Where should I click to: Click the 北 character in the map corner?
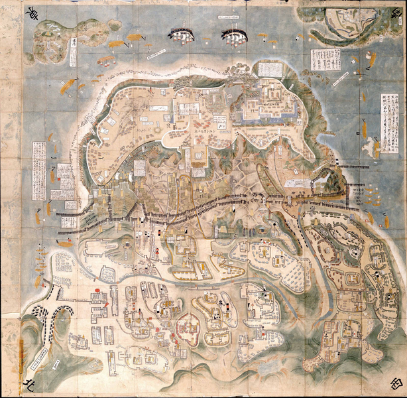pyautogui.click(x=27, y=384)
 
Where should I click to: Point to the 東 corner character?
pyautogui.click(x=32, y=15)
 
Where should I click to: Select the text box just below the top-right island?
pyautogui.click(x=325, y=60)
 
